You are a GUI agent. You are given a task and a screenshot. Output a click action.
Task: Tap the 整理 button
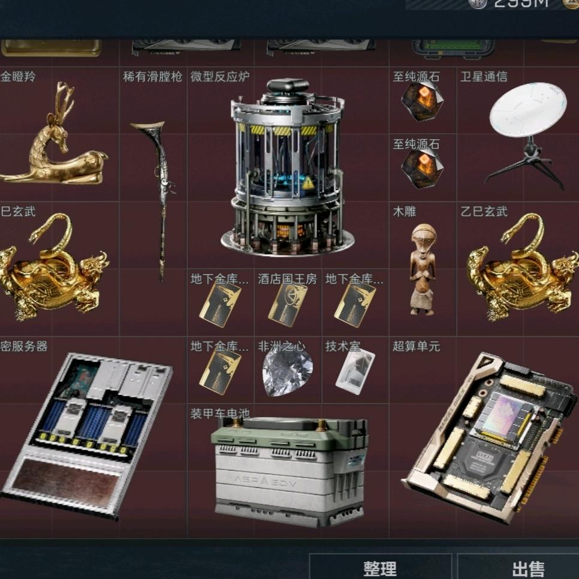click(x=380, y=568)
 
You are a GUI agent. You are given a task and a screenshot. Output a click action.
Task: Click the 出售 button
click(x=528, y=568)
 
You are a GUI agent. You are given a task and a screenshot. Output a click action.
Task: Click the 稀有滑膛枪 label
click(x=152, y=77)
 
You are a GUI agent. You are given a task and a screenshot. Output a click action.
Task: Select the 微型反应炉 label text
click(x=220, y=77)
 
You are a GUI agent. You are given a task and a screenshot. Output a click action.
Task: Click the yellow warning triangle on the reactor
click(x=308, y=183)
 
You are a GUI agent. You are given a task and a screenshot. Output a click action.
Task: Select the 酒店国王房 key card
click(x=288, y=304)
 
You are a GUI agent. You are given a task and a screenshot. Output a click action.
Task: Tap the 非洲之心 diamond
click(x=287, y=370)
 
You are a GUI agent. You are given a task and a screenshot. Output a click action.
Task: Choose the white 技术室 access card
click(x=355, y=370)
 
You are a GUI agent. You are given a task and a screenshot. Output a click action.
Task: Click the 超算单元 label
click(x=416, y=346)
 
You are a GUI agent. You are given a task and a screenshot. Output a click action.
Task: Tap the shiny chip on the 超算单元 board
click(x=501, y=414)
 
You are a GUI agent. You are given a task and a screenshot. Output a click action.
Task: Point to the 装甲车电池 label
click(x=220, y=414)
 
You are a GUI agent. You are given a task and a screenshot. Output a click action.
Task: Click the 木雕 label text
click(x=405, y=212)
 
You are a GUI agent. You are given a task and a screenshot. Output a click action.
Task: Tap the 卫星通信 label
click(x=484, y=77)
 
